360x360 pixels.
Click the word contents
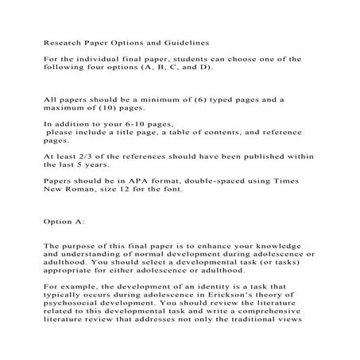pyautogui.click(x=213, y=132)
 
